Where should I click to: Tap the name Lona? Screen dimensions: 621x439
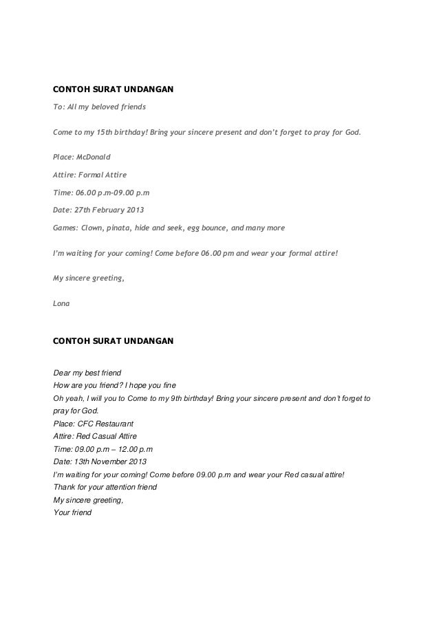coord(62,302)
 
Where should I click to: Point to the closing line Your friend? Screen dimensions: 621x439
coord(72,512)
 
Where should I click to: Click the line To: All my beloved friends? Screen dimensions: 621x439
coord(99,107)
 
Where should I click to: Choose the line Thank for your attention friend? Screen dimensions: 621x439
coord(105,487)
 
